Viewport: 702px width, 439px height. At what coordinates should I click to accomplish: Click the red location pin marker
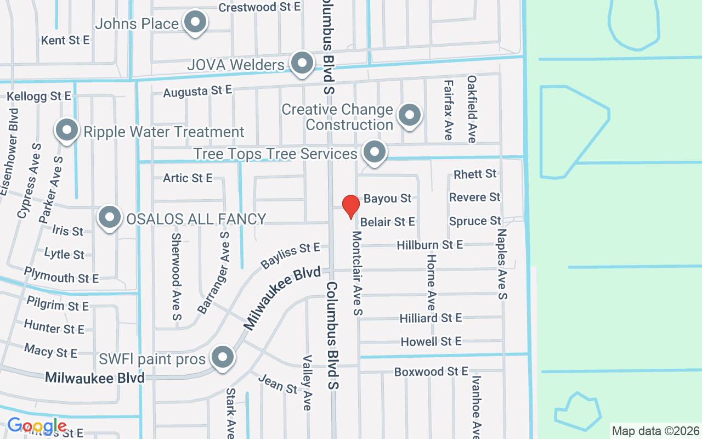[351, 206]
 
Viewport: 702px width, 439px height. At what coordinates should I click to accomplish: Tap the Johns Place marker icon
[195, 23]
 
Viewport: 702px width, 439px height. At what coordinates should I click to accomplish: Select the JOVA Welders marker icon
[302, 63]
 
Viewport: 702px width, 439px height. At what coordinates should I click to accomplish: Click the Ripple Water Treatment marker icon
[67, 131]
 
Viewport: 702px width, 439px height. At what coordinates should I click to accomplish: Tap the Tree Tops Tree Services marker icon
[375, 151]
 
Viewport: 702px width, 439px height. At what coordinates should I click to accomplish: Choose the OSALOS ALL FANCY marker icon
[110, 217]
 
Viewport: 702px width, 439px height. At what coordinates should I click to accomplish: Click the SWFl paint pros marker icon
[222, 357]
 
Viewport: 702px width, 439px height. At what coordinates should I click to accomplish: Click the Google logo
[37, 426]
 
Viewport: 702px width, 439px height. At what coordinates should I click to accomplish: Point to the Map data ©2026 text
[656, 431]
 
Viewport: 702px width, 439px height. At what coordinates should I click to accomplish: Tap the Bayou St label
[387, 198]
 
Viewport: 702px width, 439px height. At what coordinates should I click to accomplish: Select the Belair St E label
[388, 222]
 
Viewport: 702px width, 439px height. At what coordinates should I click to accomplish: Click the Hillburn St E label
[429, 245]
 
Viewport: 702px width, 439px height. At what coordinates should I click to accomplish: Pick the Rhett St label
[475, 174]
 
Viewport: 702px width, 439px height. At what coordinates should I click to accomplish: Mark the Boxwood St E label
[431, 372]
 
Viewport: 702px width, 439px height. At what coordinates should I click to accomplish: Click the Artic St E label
[188, 178]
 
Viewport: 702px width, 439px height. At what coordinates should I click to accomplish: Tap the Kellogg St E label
[39, 97]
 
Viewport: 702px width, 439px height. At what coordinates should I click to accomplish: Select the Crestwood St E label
[259, 7]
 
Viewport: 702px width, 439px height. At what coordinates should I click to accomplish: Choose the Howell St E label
[431, 342]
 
